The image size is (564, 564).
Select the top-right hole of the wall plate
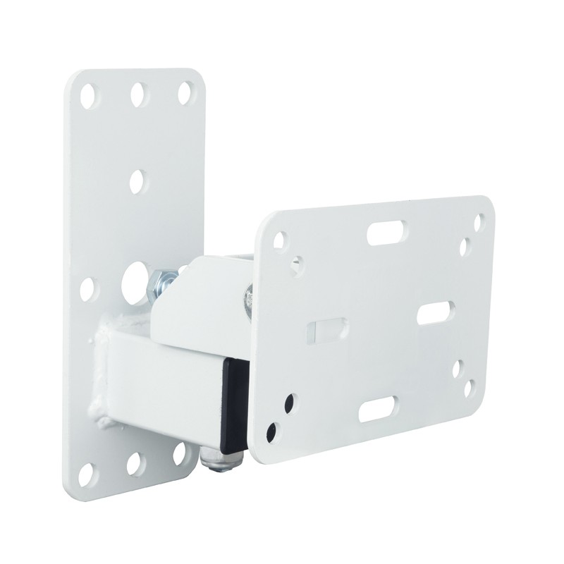[x=185, y=92]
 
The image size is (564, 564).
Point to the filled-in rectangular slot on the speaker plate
[x=326, y=330]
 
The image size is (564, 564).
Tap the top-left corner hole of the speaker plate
[x=280, y=240]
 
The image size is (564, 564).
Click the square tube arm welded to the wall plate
[x=152, y=381]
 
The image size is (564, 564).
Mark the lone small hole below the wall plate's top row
[x=137, y=180]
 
